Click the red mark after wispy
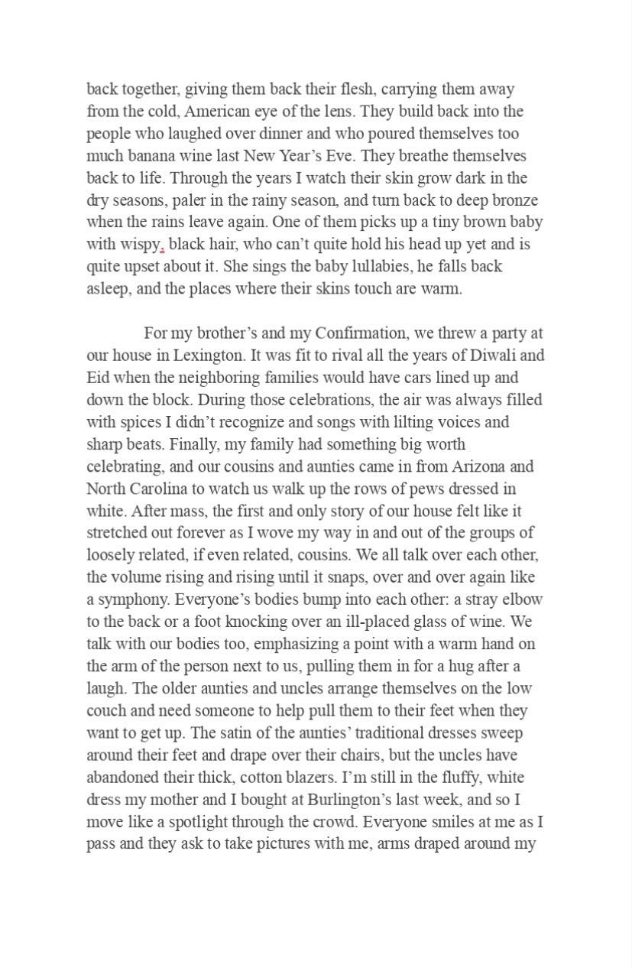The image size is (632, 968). tap(162, 249)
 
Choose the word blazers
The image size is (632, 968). tap(309, 777)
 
